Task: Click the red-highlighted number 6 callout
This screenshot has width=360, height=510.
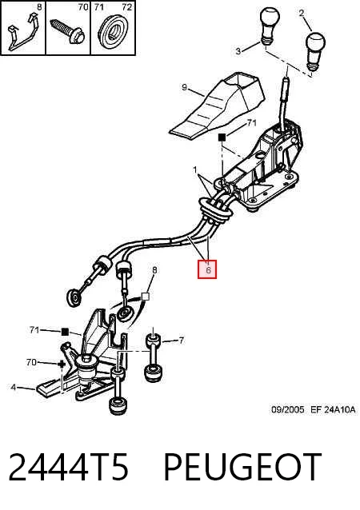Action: click(207, 269)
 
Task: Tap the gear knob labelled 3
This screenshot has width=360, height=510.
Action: click(270, 27)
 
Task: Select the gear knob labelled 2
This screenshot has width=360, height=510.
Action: click(314, 51)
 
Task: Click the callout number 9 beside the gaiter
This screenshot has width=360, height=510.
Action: click(184, 87)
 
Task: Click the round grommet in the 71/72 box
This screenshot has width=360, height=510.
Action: click(113, 33)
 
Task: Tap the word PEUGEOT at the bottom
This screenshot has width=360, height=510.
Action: click(242, 467)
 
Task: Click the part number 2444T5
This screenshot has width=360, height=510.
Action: click(68, 467)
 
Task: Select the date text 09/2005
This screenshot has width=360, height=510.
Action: click(288, 409)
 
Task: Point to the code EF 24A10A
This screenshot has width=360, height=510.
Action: click(333, 409)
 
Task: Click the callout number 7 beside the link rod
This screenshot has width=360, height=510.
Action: click(182, 341)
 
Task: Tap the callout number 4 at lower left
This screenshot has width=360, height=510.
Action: click(13, 387)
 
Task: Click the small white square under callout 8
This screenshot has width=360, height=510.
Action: click(146, 297)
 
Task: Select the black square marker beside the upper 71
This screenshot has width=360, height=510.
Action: click(222, 137)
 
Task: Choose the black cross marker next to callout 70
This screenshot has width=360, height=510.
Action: click(61, 365)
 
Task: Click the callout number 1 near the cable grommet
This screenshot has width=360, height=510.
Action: click(195, 169)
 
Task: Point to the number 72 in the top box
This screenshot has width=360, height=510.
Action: click(127, 7)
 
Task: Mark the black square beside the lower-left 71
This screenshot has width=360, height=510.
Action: click(65, 332)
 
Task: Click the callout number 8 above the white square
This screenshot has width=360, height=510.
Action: click(154, 269)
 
